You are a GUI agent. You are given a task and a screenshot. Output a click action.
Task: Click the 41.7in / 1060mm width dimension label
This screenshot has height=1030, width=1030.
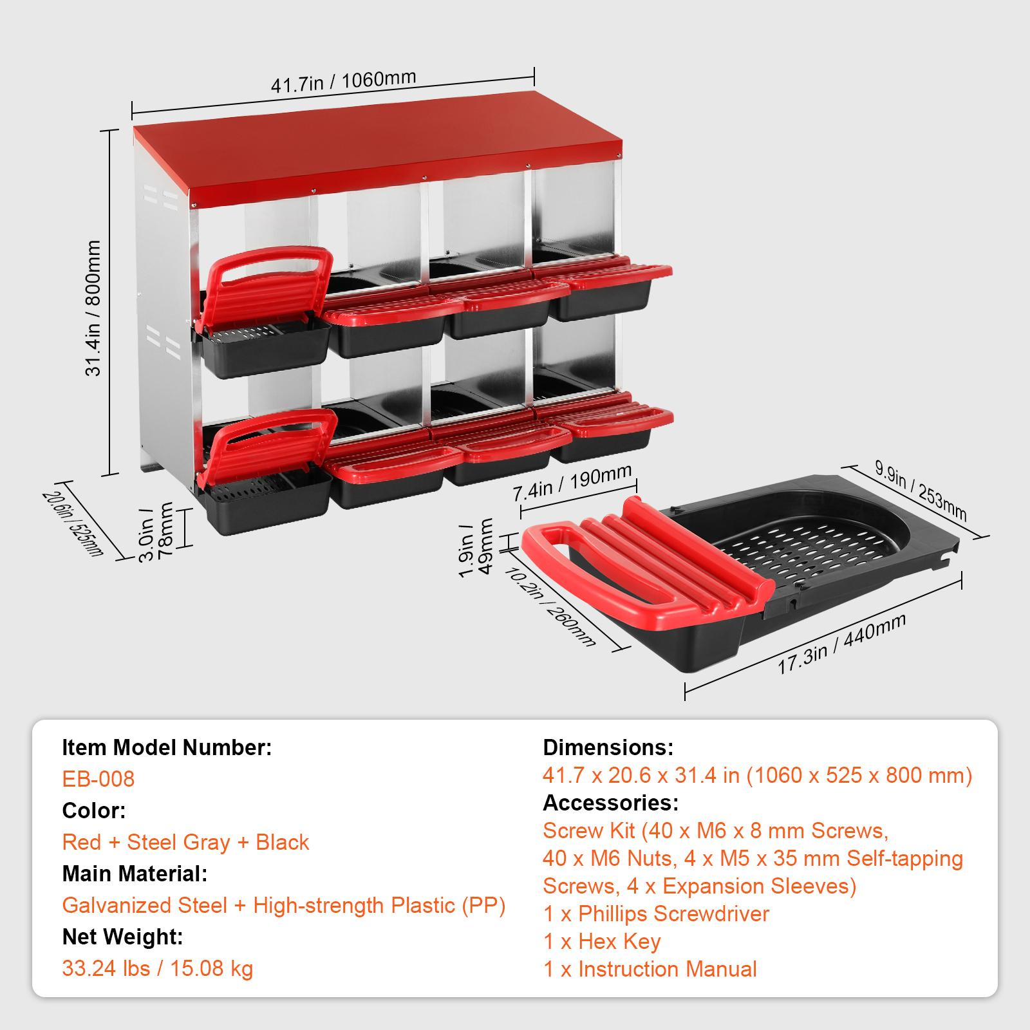[x=343, y=82]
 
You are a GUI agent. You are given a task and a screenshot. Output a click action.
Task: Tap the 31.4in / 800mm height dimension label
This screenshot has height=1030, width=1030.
[x=93, y=308]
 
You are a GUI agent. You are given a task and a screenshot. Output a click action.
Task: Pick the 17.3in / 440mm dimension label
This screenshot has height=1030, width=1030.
[x=842, y=644]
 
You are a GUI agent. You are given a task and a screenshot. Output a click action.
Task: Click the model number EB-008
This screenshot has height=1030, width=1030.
[x=98, y=779]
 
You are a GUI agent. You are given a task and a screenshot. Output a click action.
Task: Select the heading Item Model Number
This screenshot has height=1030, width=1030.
[x=167, y=747]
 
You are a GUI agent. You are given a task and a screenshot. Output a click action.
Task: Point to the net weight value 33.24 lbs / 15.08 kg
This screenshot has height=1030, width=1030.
[x=158, y=968]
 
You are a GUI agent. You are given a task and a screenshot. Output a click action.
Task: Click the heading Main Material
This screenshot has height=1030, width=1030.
[x=135, y=874]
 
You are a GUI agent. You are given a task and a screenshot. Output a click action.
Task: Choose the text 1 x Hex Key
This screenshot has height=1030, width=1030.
[x=602, y=941]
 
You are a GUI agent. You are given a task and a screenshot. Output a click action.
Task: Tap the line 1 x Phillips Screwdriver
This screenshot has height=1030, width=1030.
[x=656, y=913]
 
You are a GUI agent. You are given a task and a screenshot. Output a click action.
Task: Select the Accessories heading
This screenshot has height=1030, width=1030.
[x=611, y=803]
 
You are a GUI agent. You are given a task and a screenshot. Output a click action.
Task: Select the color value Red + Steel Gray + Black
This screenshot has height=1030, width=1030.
[x=185, y=842]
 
